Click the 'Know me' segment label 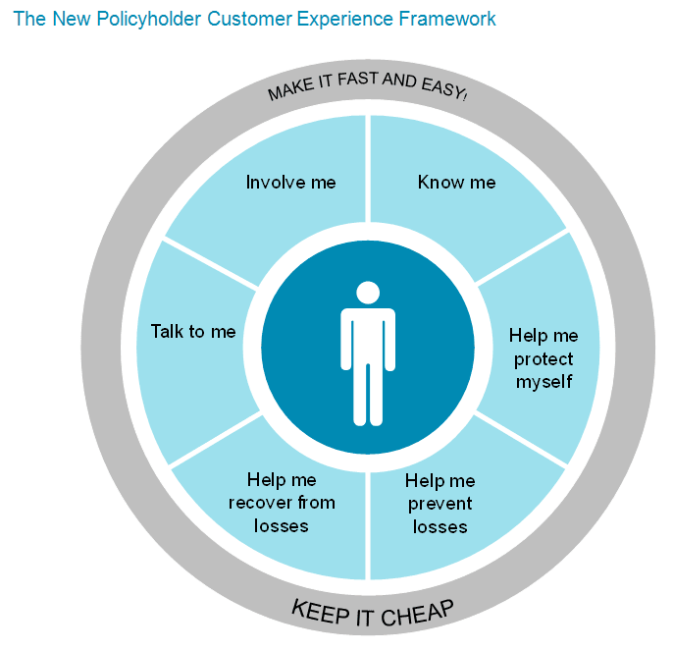(x=456, y=183)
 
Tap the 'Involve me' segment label (x=290, y=183)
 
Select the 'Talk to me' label (x=193, y=332)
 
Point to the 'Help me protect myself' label (x=543, y=358)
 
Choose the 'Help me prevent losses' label (x=440, y=504)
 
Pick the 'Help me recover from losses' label (x=282, y=503)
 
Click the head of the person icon (x=368, y=293)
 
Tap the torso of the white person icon (x=368, y=339)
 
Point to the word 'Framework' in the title (x=445, y=19)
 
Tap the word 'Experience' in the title (x=347, y=19)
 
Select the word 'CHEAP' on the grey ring (x=419, y=610)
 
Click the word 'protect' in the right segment (x=543, y=358)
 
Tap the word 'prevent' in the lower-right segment (x=440, y=504)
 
